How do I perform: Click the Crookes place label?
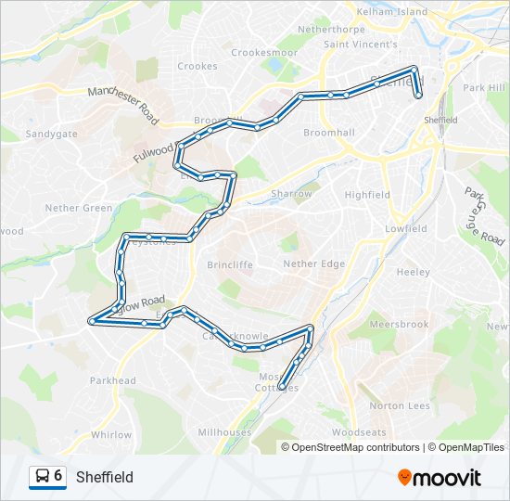pos(197,66)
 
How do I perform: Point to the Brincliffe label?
pos(231,264)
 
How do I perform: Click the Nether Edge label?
pos(313,264)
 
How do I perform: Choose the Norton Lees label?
pos(399,406)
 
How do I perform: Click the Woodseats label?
pos(358,432)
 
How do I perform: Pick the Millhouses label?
pos(224,432)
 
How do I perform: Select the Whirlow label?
pos(111,434)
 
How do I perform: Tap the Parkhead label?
pos(113,380)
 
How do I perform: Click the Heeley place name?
pos(413,272)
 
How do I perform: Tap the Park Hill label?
pos(483,87)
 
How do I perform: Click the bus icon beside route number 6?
pos(43,477)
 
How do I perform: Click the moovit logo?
pos(440,477)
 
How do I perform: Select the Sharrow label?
pos(291,194)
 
